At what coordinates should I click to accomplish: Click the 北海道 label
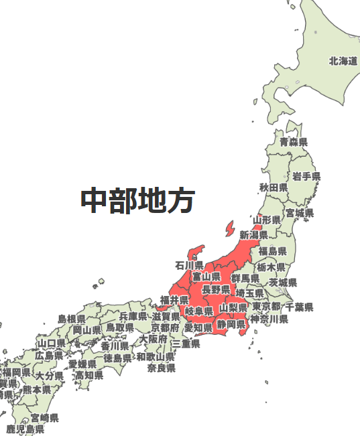tap(343, 61)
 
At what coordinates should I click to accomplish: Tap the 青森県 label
tap(294, 142)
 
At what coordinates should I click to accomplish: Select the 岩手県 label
tap(306, 176)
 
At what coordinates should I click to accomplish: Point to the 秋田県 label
tap(274, 187)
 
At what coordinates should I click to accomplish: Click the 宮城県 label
tap(300, 213)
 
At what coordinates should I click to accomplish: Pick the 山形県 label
tap(266, 220)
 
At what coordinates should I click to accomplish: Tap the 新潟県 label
tap(254, 234)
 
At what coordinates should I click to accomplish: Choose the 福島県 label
tap(273, 251)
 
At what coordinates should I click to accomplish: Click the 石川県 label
tap(189, 265)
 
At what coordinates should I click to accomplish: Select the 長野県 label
tap(216, 290)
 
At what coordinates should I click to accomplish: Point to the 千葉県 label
tap(299, 307)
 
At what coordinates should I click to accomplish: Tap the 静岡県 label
tap(231, 324)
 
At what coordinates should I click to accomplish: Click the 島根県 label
tap(71, 319)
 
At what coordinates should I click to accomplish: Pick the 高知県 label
tap(89, 375)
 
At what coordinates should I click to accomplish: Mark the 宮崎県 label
tap(44, 418)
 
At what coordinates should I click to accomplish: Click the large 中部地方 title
tap(138, 200)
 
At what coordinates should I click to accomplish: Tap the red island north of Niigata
tap(230, 228)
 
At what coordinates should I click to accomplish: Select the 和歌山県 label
tap(156, 357)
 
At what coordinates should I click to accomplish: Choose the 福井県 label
tap(174, 299)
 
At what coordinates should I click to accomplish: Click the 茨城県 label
tap(283, 283)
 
